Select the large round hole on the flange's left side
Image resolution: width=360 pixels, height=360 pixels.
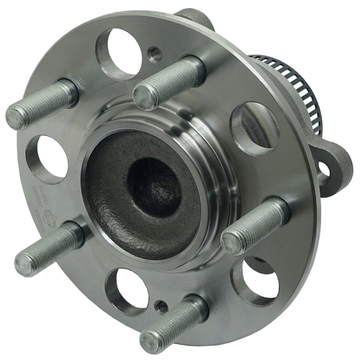click(x=50, y=159)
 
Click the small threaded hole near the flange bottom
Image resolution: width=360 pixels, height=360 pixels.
click(x=163, y=307)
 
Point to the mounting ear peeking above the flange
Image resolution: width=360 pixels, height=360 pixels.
click(x=193, y=17)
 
